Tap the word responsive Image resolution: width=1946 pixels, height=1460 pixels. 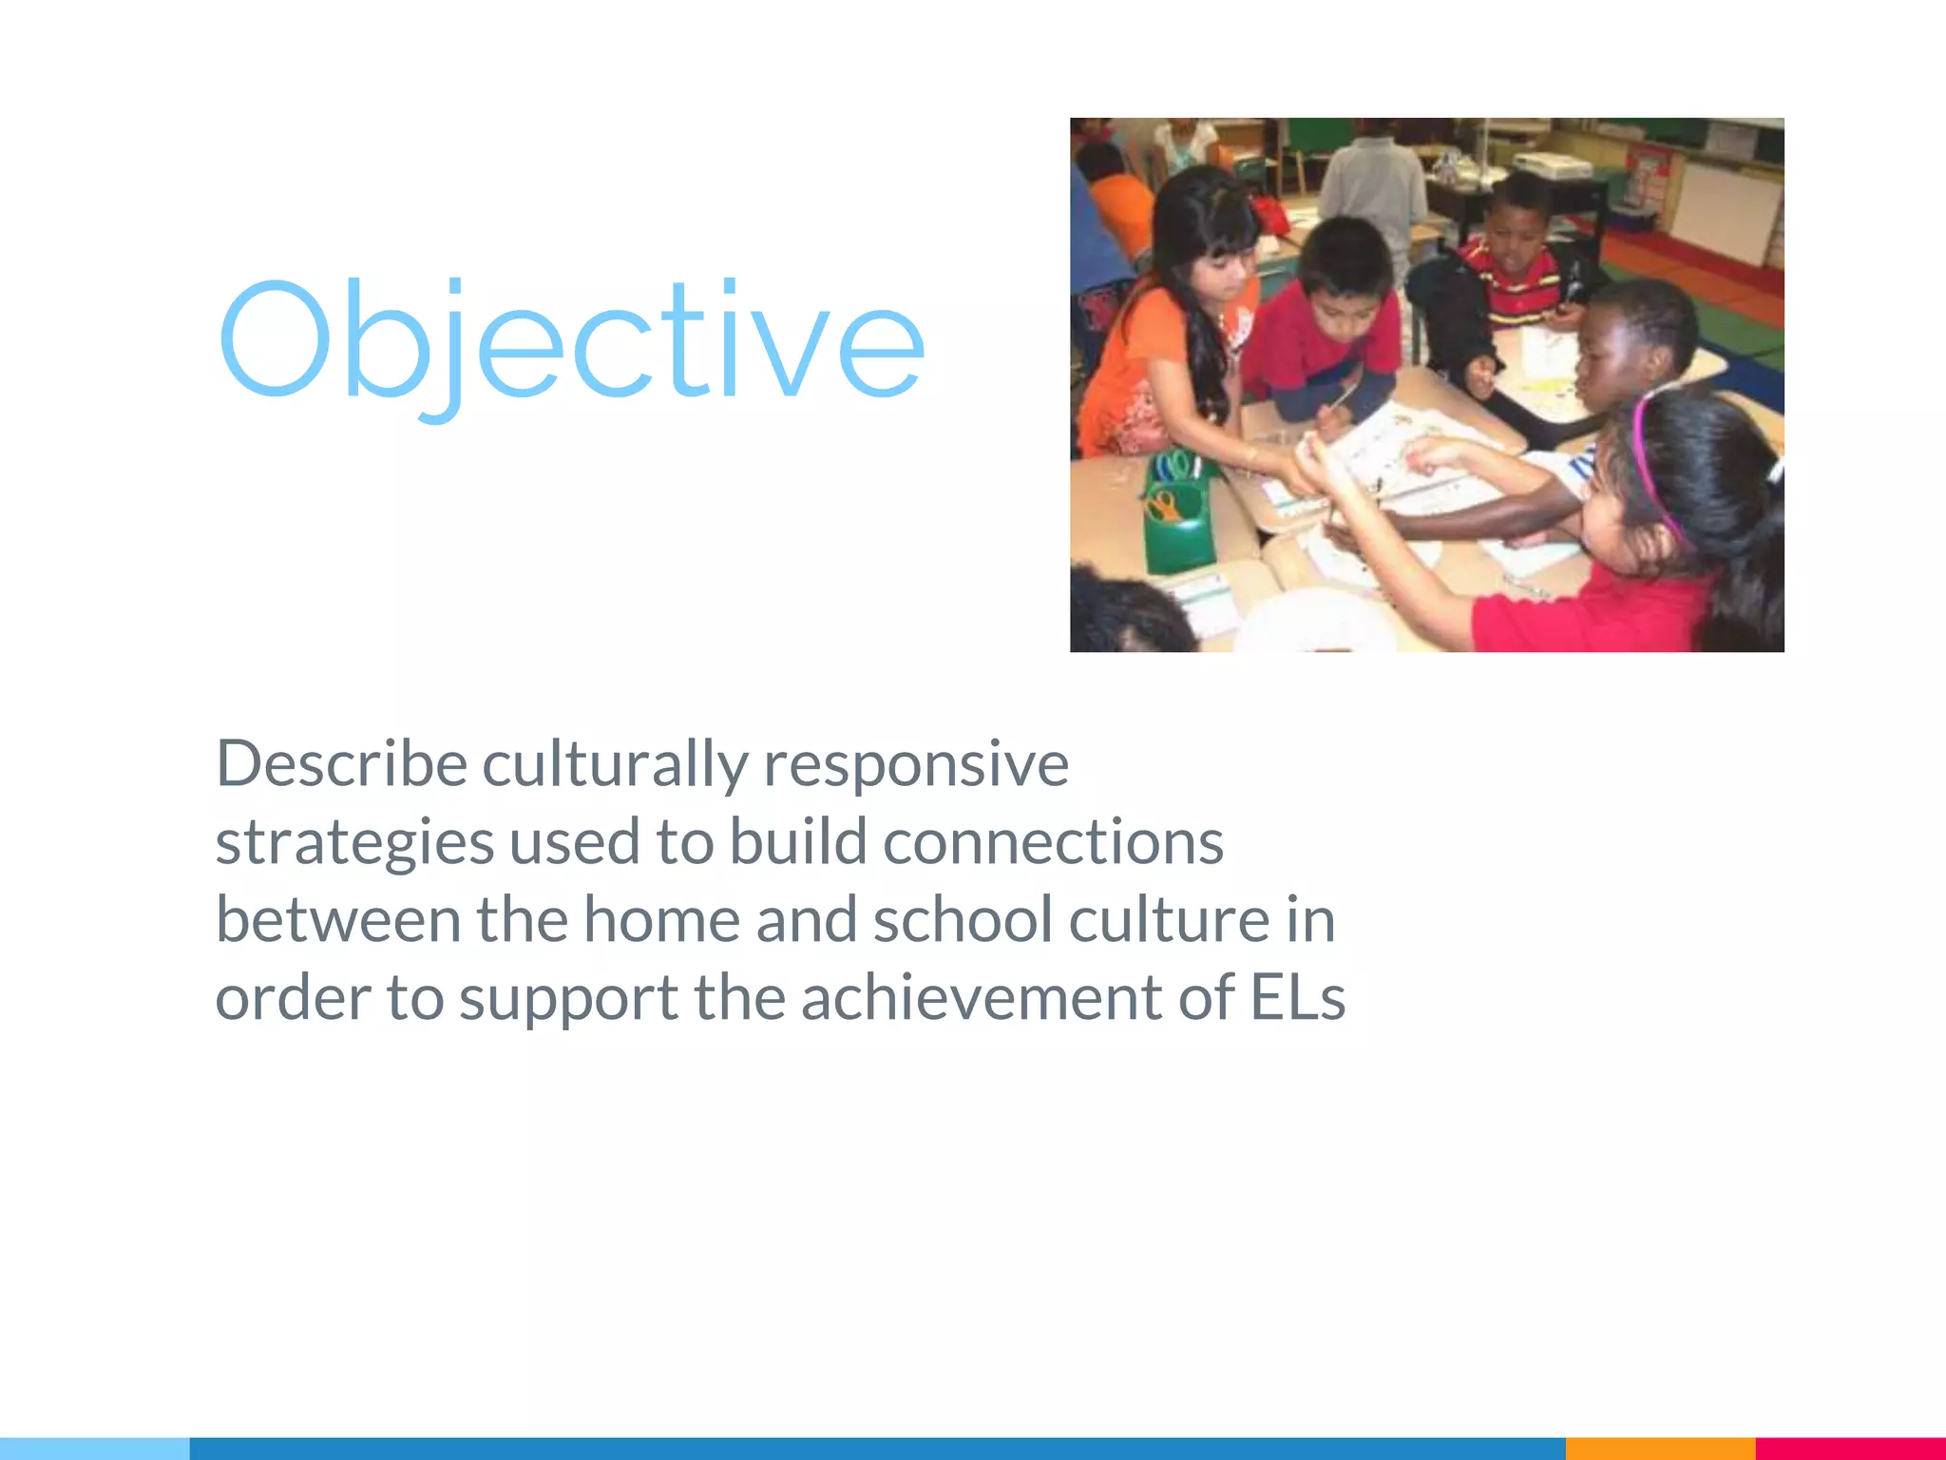[x=916, y=765]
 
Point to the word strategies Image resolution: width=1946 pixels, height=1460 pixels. [x=354, y=844]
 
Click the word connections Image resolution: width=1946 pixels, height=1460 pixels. [x=1053, y=842]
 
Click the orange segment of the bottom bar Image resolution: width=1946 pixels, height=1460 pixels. [x=1659, y=1449]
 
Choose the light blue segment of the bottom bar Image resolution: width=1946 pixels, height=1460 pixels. [x=95, y=1449]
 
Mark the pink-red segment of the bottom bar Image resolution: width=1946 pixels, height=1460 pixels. [x=1850, y=1449]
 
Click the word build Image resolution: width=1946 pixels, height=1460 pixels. [x=798, y=842]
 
